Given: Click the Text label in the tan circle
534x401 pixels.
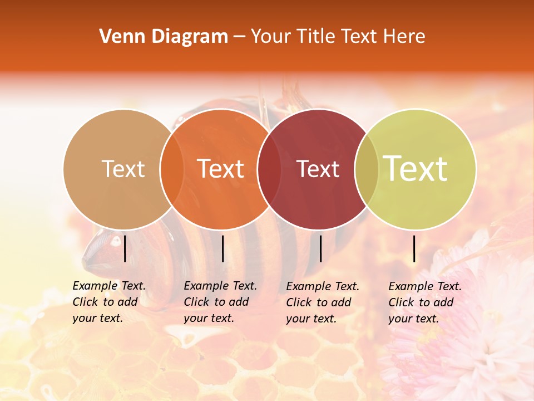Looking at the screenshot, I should pos(123,169).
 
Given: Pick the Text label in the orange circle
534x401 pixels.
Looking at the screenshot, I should pos(221,169).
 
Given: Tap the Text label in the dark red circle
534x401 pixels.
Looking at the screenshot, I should pos(318,169).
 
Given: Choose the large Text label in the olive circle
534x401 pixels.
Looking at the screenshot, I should pos(416,169).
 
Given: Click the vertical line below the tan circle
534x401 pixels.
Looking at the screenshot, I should pos(125,248).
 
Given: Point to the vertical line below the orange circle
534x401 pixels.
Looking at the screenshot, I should pos(222,248).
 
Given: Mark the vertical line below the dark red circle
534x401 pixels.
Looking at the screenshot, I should pos(320,248).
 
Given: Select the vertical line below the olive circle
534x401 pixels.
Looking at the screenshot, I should pos(414,248).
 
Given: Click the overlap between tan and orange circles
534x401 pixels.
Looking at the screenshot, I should pos(172,169).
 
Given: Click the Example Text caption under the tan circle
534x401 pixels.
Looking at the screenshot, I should pos(109,302).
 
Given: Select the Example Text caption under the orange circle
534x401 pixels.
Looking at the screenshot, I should pos(220,302).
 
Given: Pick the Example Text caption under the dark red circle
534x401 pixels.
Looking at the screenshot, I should pos(323,302).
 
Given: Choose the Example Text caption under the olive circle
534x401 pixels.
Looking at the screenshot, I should pos(425,302).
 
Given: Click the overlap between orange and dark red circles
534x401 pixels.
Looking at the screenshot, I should pos(269,169).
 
